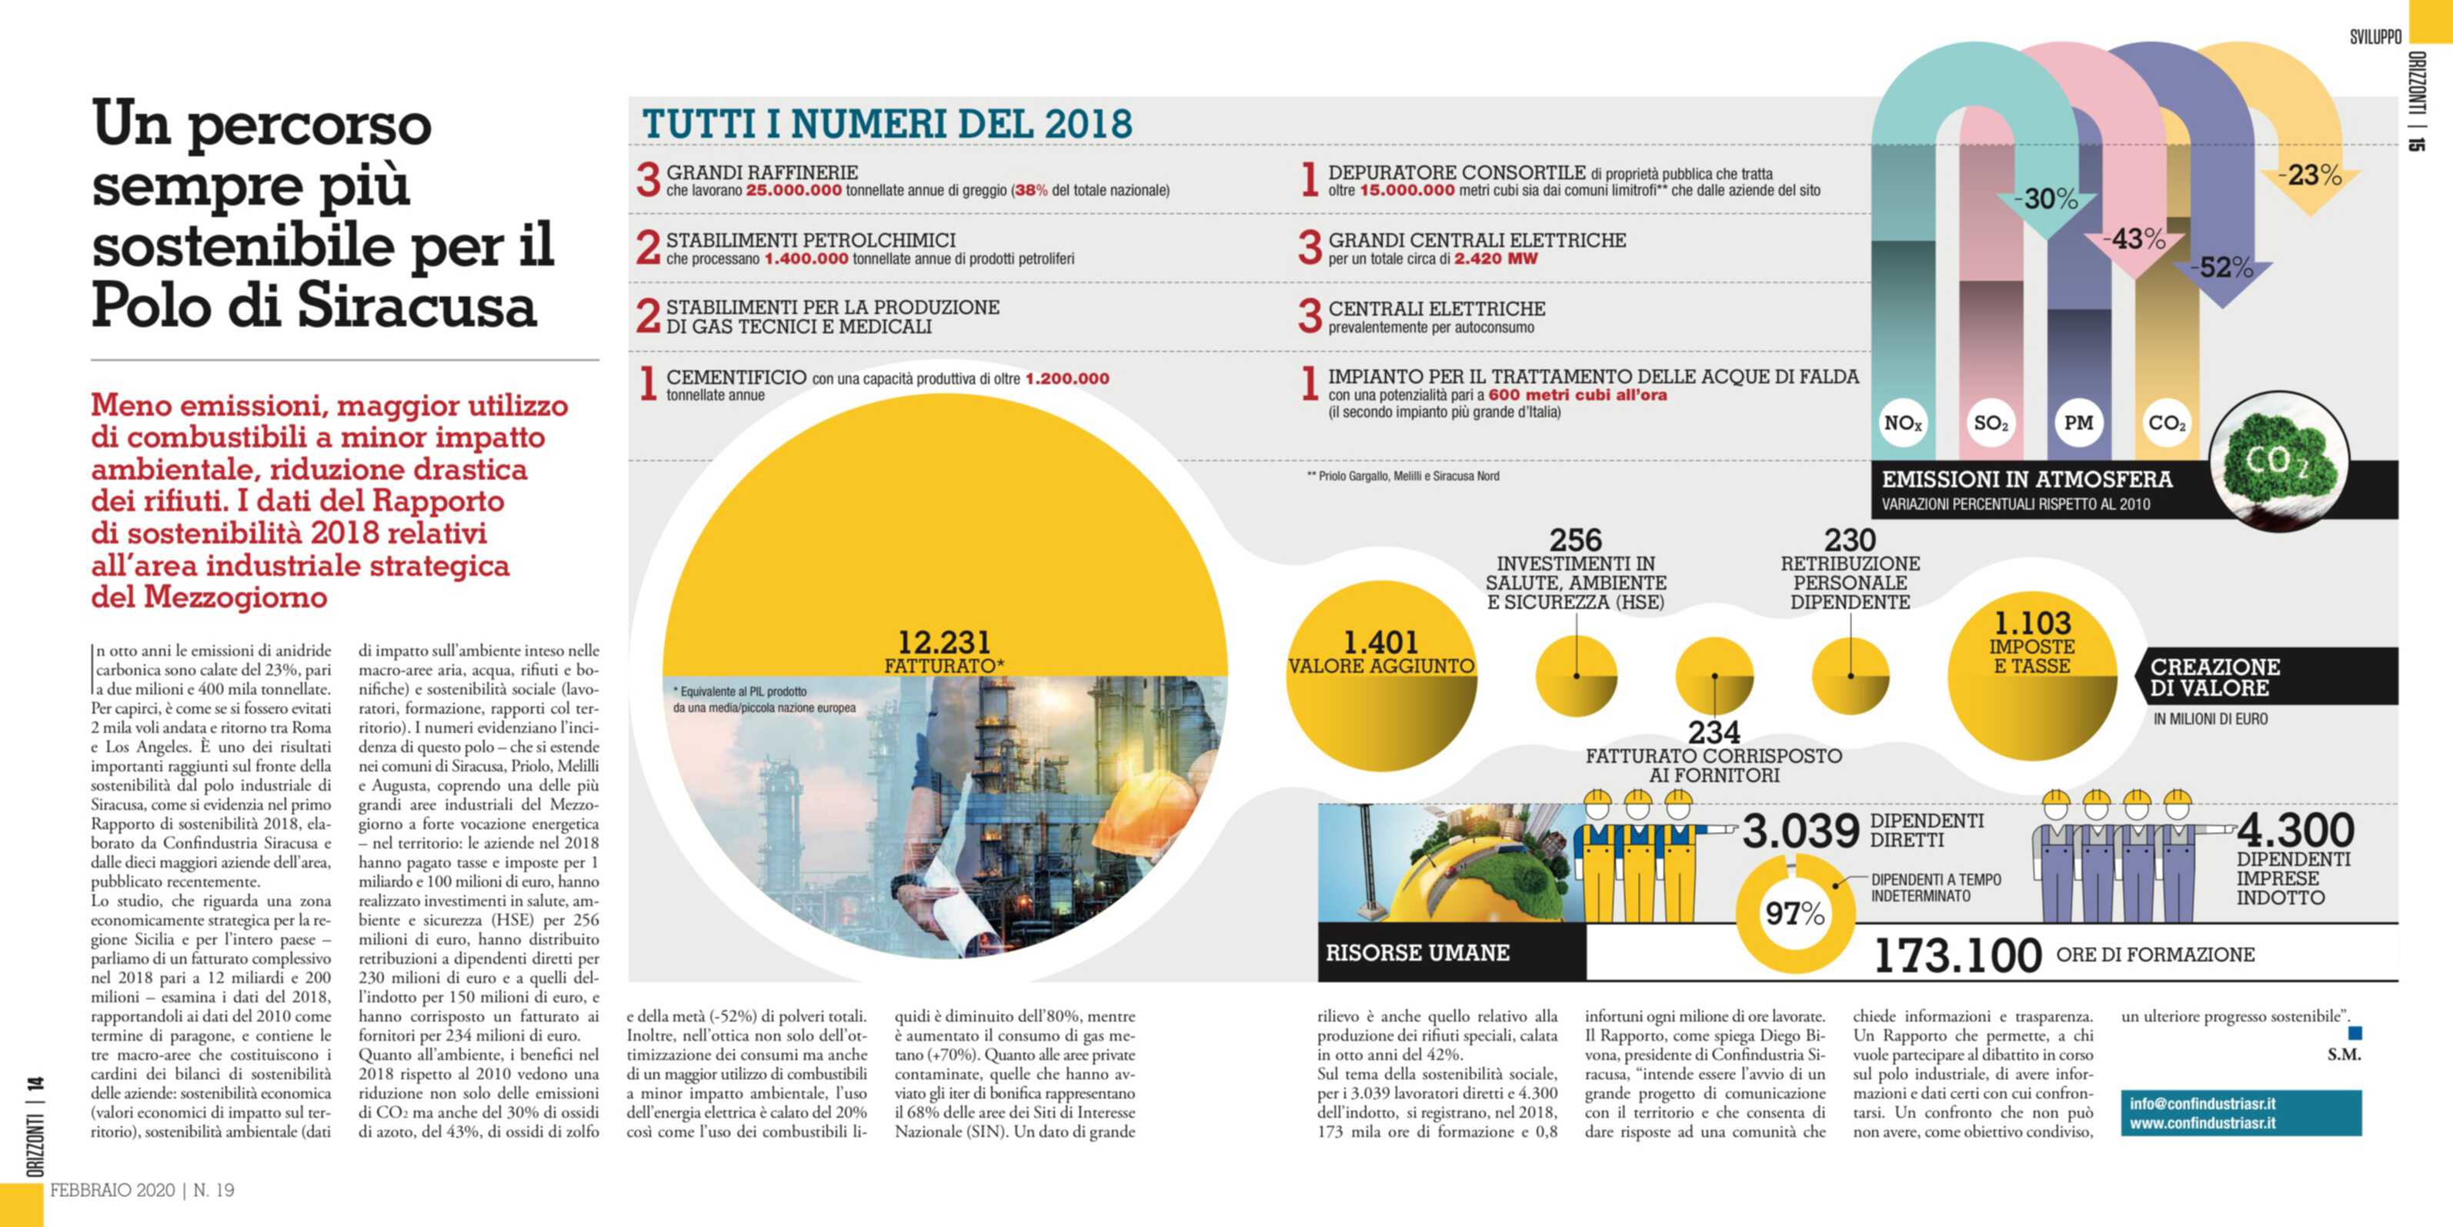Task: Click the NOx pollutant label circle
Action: point(1903,423)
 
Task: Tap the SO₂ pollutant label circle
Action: point(1991,423)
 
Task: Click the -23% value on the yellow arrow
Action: point(2308,176)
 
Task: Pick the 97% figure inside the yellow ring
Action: point(1795,914)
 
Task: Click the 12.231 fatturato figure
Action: point(943,642)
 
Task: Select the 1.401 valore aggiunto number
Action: point(1380,642)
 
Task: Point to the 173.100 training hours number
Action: point(1957,955)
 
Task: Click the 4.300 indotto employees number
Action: point(2295,830)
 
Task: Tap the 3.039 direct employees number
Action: point(1800,831)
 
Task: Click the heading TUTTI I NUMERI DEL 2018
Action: point(886,124)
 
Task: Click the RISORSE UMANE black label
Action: point(1417,953)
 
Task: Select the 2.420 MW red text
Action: point(1495,259)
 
